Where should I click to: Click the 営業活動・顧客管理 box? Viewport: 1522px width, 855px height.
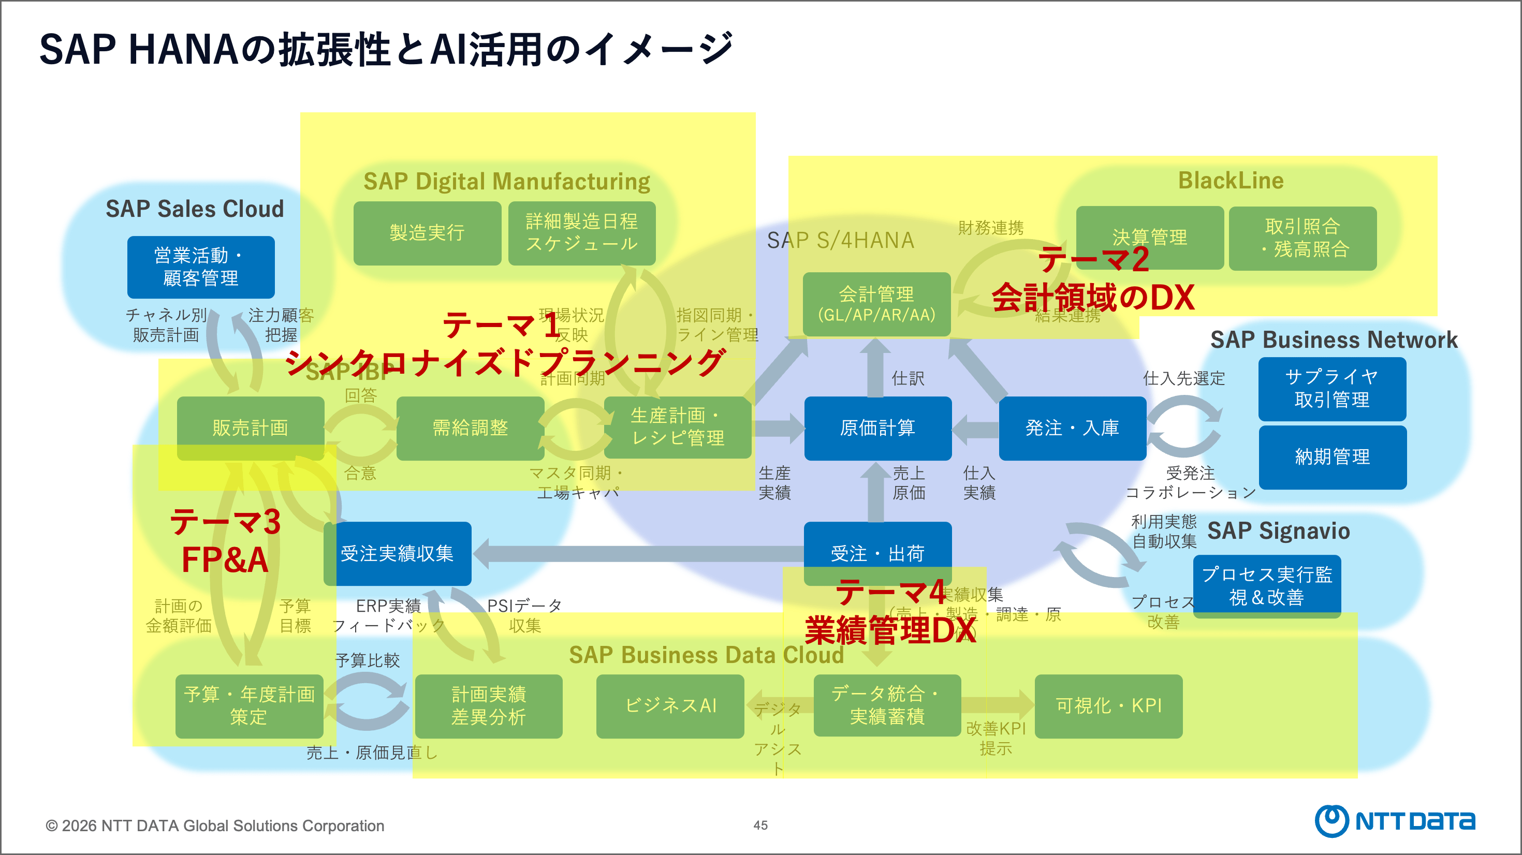(x=201, y=267)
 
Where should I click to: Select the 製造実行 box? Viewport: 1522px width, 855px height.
(x=427, y=233)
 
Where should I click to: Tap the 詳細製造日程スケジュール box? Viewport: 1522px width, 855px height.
(x=582, y=233)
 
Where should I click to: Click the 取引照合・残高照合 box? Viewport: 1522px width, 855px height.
(x=1303, y=238)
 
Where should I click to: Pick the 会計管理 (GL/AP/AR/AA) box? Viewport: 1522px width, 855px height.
(x=876, y=304)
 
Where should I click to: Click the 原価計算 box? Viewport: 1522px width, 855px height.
(x=877, y=428)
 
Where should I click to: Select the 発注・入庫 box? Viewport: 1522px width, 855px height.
(x=1072, y=428)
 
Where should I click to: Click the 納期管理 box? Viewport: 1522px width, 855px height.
(x=1333, y=457)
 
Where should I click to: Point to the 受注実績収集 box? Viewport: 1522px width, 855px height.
(x=397, y=554)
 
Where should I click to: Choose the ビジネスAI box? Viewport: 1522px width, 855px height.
(x=670, y=706)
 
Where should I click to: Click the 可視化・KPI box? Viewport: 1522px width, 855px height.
(x=1108, y=706)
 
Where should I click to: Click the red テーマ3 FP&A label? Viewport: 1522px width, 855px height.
(x=225, y=541)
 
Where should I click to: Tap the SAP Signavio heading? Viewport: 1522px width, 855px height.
(x=1278, y=530)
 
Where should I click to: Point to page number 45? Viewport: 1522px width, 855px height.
(x=760, y=825)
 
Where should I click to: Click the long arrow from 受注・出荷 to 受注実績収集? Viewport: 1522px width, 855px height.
(x=638, y=554)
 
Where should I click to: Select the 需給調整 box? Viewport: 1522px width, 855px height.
(x=470, y=428)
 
